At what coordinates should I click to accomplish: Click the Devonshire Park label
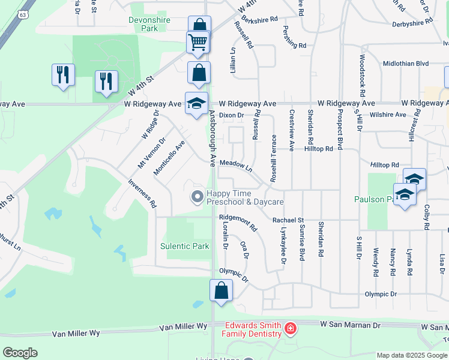click(149, 24)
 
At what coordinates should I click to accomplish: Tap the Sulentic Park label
click(185, 246)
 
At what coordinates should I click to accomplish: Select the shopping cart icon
click(197, 43)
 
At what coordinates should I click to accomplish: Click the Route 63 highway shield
click(23, 14)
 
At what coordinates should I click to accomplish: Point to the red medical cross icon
click(290, 329)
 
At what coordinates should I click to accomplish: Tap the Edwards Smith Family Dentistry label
click(253, 329)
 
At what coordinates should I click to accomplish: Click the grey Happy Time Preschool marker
click(196, 197)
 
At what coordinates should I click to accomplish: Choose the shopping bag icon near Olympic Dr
click(221, 290)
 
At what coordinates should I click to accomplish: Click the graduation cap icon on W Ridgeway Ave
click(197, 104)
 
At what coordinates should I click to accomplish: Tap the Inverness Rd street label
click(143, 193)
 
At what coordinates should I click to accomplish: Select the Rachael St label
click(288, 220)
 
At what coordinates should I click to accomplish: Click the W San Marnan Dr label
click(351, 325)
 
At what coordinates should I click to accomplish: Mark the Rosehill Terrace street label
click(273, 158)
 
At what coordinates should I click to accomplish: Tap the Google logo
click(20, 353)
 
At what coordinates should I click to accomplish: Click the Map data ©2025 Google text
click(412, 355)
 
